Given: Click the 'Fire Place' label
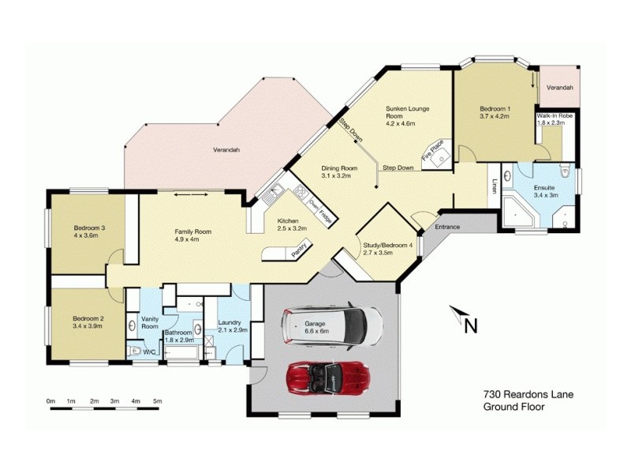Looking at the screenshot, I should [x=433, y=150].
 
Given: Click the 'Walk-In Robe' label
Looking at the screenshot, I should [x=554, y=115].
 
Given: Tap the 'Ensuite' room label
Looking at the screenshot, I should [x=546, y=189].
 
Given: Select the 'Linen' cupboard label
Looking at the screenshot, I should [x=495, y=186].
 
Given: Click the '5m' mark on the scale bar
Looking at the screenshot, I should [x=157, y=402].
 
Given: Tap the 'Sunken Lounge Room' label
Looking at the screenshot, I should [x=407, y=111].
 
